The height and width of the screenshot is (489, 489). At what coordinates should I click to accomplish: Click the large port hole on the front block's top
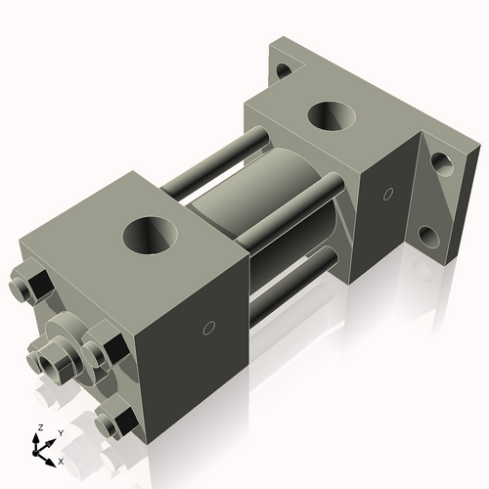[153, 236]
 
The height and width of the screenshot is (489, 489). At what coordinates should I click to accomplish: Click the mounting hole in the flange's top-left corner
[284, 70]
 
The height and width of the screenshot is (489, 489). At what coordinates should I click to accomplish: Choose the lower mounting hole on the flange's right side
[429, 235]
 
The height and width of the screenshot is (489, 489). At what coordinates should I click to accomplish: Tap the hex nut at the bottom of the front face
[116, 423]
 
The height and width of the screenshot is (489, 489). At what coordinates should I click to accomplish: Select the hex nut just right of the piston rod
[104, 349]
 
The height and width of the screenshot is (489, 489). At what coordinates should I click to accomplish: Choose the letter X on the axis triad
[61, 460]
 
